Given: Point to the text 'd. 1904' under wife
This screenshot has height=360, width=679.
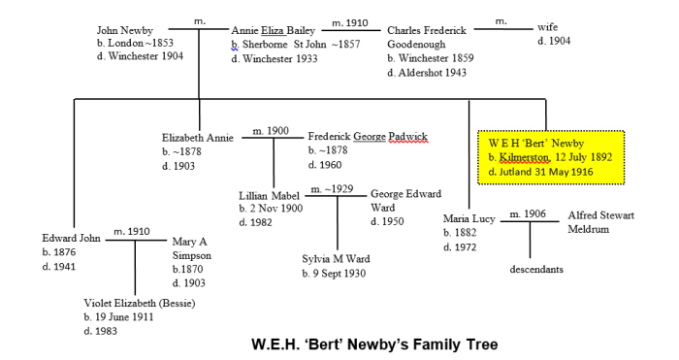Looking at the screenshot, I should [554, 41].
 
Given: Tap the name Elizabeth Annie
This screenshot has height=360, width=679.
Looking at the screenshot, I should [199, 138].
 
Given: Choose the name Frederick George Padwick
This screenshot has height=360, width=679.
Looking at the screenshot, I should [368, 137].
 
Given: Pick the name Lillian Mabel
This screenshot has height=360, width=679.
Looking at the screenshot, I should [272, 194].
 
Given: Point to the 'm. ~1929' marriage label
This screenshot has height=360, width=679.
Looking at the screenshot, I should [330, 188].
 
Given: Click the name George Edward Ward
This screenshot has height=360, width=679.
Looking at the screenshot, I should [405, 200].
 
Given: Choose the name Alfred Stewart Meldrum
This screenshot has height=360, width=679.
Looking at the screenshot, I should [600, 221].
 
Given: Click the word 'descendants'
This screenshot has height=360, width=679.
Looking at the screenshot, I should [536, 269].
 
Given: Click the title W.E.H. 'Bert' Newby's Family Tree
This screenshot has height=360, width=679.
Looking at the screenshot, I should [373, 342].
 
